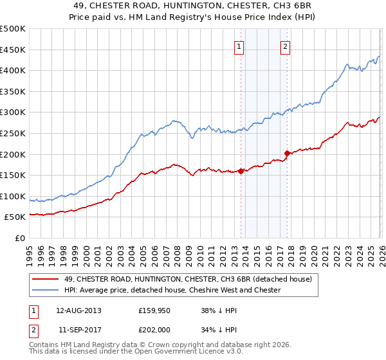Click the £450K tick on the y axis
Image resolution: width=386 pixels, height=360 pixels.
pyautogui.click(x=13, y=50)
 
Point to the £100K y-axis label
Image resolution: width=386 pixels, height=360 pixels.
pyautogui.click(x=13, y=196)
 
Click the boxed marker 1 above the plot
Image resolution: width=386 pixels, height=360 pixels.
pyautogui.click(x=239, y=46)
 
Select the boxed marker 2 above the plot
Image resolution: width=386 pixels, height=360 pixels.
pyautogui.click(x=285, y=46)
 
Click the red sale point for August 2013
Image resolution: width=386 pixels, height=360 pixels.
pyautogui.click(x=241, y=171)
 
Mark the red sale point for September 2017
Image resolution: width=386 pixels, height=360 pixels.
pyautogui.click(x=287, y=153)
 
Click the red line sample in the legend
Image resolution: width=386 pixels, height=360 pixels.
pyautogui.click(x=46, y=279)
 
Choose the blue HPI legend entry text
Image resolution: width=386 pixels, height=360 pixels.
pyautogui.click(x=172, y=290)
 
